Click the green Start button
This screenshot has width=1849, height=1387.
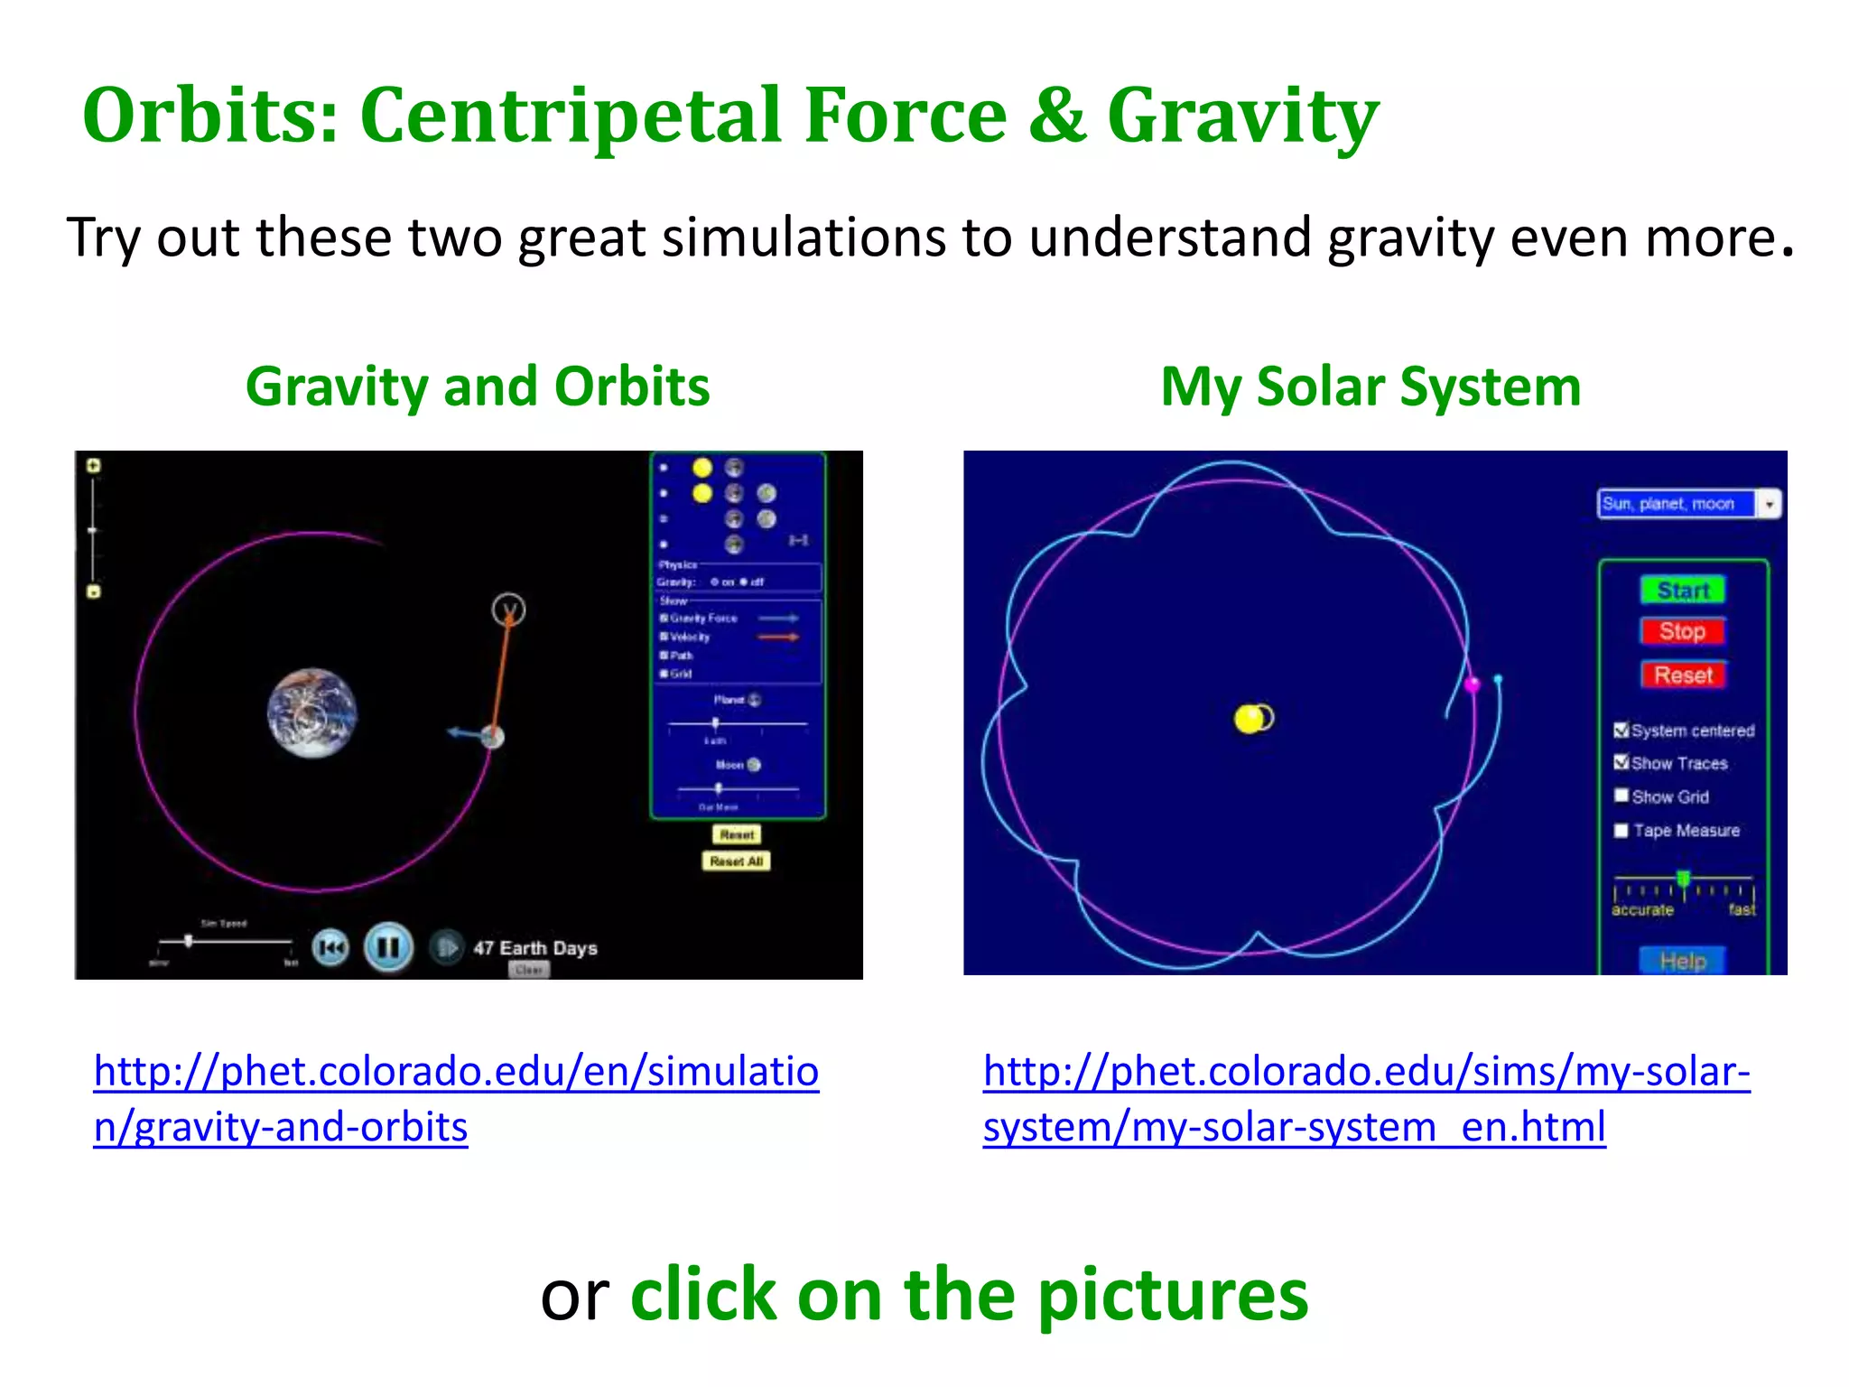coord(1682,590)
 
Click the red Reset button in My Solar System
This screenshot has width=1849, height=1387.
coord(1683,675)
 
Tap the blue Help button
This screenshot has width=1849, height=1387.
coord(1682,960)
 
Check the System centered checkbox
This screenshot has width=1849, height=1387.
coord(1621,730)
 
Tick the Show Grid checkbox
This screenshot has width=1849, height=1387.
coord(1621,796)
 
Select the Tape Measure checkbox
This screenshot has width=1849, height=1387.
coord(1621,830)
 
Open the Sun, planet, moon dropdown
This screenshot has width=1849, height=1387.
coord(1769,504)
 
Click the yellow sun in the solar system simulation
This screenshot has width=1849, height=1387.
coord(1250,719)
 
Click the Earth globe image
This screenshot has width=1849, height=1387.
coord(312,712)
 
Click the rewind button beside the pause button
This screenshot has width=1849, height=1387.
coord(330,947)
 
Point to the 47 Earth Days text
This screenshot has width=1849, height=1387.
coord(534,948)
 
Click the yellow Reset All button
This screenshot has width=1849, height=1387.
coord(736,861)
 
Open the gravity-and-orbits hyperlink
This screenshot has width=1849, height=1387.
coord(456,1098)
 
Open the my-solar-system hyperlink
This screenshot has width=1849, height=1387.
coord(1366,1098)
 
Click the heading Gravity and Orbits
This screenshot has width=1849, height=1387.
coord(478,386)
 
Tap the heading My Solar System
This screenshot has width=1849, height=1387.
coord(1370,386)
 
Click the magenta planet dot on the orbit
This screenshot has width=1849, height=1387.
coord(1472,684)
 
